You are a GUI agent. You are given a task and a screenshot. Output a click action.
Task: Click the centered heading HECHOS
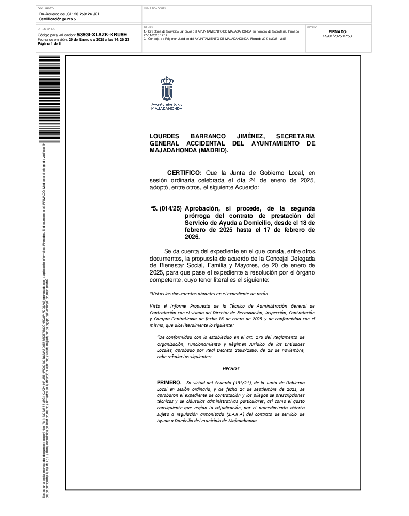231,368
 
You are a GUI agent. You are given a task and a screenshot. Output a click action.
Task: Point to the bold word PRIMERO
169,381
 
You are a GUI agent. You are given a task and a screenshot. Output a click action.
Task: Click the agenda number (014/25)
170,208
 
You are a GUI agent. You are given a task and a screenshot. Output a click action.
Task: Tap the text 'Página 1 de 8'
50,44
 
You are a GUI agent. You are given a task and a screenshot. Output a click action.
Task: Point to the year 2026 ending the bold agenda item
192,237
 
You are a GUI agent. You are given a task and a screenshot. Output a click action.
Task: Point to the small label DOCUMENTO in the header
46,9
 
